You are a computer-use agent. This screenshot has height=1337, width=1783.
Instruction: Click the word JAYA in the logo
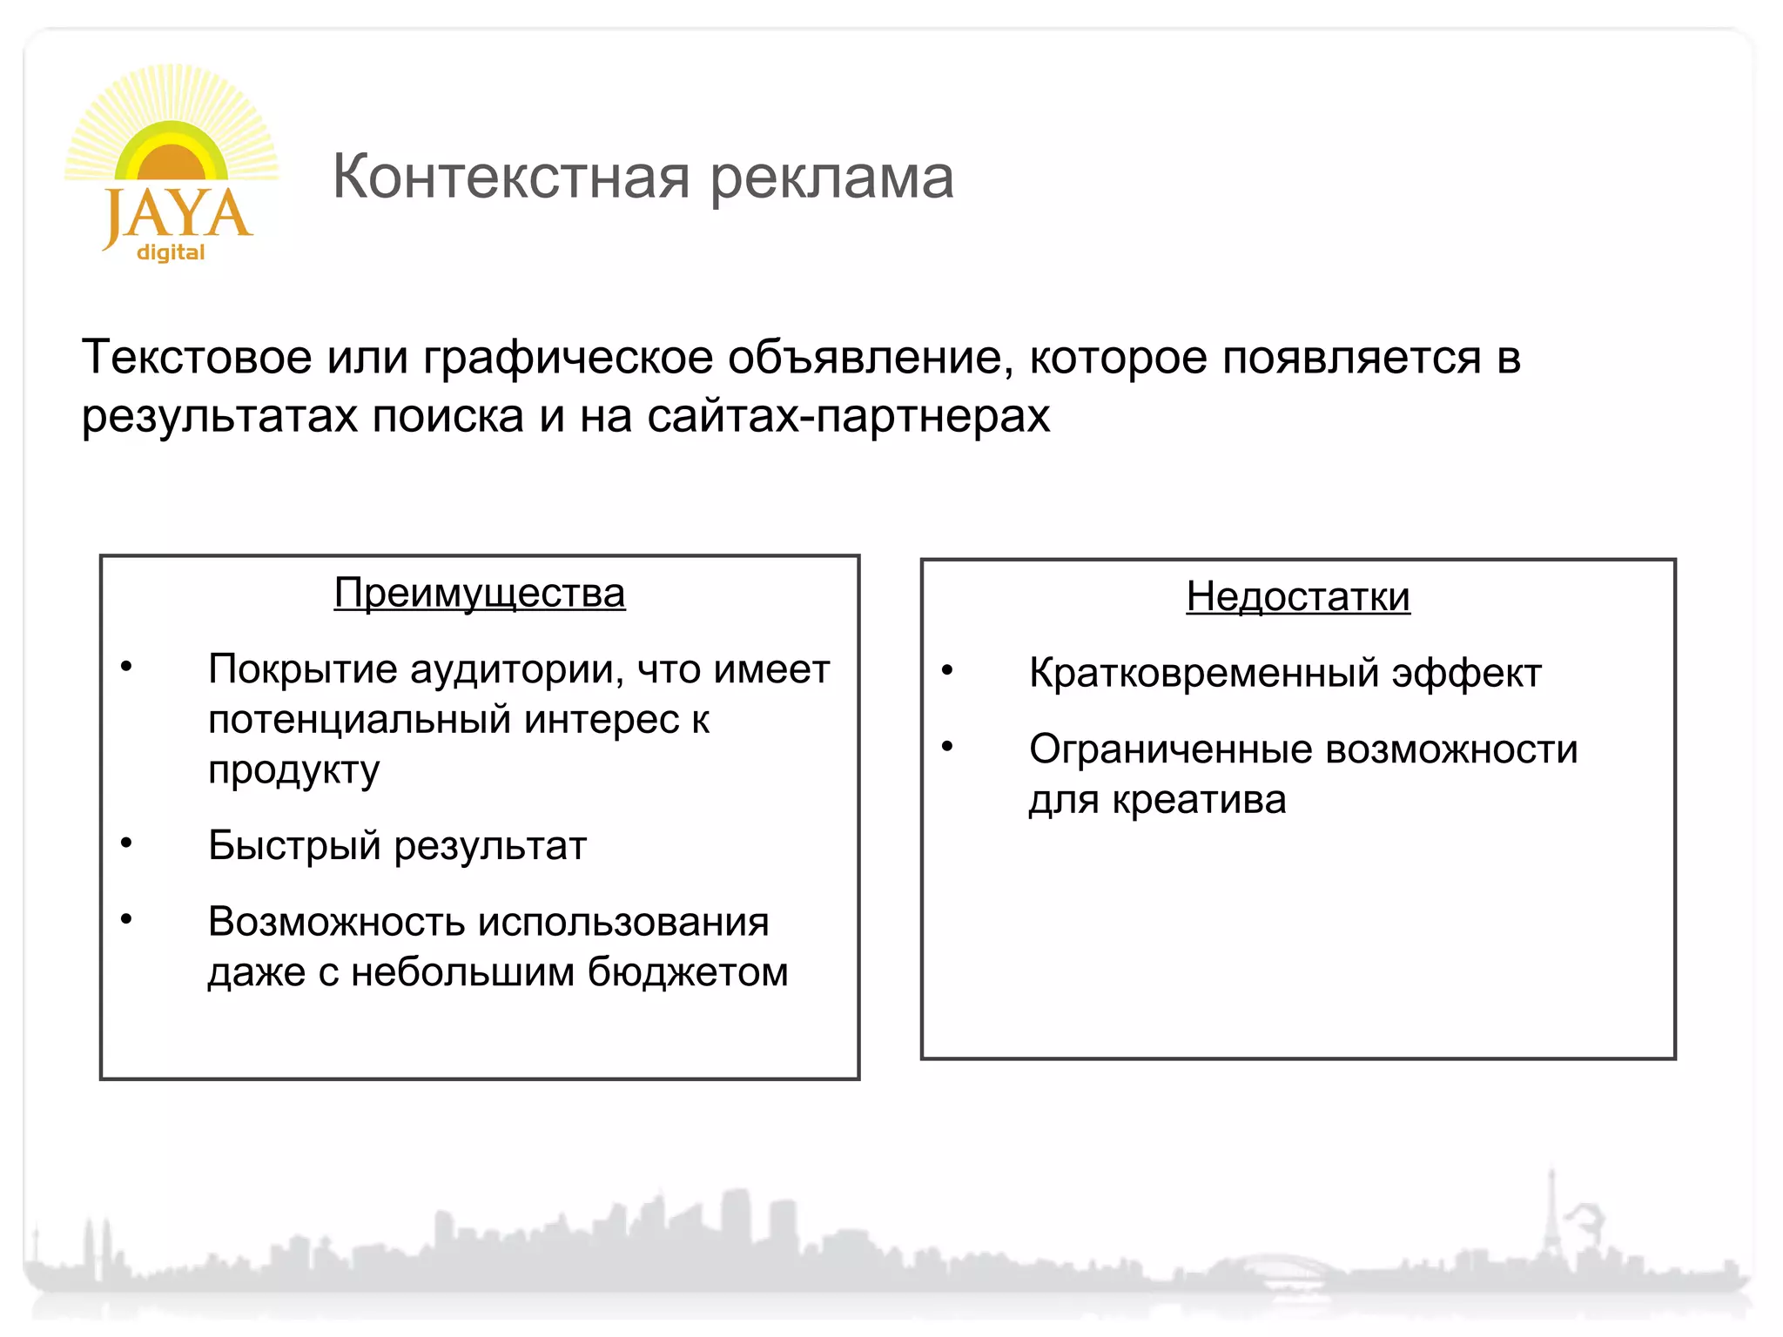[178, 214]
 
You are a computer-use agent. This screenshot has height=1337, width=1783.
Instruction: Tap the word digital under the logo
[171, 252]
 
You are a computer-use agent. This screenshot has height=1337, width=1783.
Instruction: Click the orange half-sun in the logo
[172, 162]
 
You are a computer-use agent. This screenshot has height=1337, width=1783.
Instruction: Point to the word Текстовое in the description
[197, 358]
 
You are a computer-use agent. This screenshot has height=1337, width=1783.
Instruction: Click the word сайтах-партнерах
[848, 416]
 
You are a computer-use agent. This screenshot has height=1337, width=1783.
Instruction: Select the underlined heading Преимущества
[480, 594]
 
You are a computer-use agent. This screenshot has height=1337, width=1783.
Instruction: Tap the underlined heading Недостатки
[1297, 597]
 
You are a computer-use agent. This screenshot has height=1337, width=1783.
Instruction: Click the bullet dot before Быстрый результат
[126, 843]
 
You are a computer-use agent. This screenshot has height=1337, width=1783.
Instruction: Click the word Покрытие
[301, 669]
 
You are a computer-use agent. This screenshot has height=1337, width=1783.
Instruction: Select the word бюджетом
[688, 972]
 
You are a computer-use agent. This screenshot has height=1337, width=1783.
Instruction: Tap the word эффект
[1466, 674]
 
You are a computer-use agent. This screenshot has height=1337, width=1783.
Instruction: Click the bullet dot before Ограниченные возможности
[947, 747]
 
